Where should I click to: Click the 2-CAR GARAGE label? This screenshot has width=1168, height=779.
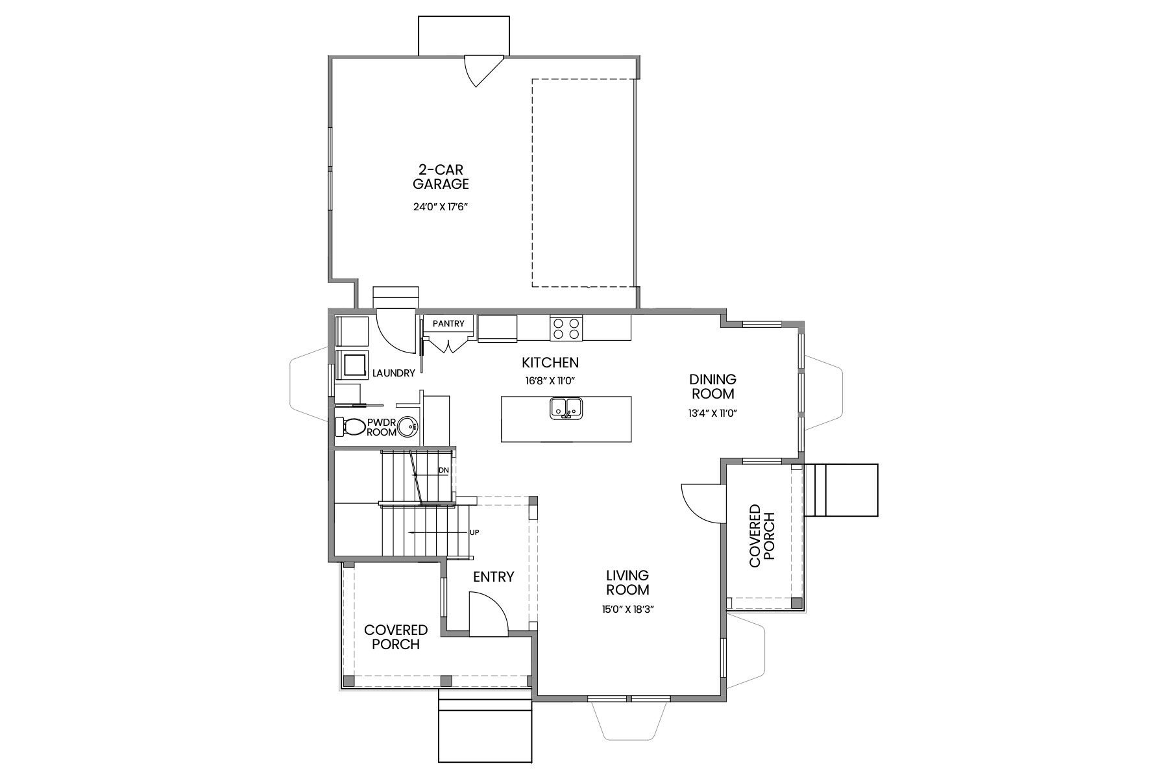tap(441, 177)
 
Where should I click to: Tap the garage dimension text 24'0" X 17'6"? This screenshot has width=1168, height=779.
tap(441, 208)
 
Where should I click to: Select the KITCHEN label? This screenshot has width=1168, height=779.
tap(550, 363)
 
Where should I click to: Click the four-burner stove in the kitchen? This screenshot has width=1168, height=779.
tap(566, 328)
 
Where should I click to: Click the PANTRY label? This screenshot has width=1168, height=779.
tap(448, 323)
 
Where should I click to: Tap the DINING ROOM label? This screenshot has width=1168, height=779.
tap(712, 386)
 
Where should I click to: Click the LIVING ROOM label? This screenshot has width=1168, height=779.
tap(627, 582)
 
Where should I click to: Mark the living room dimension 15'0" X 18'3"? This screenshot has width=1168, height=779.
tap(627, 610)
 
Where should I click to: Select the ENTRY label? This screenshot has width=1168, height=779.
tap(493, 576)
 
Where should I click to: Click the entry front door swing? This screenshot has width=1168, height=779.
tap(488, 617)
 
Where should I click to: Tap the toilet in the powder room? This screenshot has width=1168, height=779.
tap(350, 427)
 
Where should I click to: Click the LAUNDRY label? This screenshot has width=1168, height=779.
tap(393, 373)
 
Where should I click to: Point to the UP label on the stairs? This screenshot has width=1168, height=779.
tap(474, 532)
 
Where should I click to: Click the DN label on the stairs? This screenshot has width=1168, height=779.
tap(444, 470)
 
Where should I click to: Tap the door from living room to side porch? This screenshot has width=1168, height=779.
tap(701, 502)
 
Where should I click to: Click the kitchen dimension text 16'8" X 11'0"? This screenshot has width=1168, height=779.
tap(550, 381)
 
